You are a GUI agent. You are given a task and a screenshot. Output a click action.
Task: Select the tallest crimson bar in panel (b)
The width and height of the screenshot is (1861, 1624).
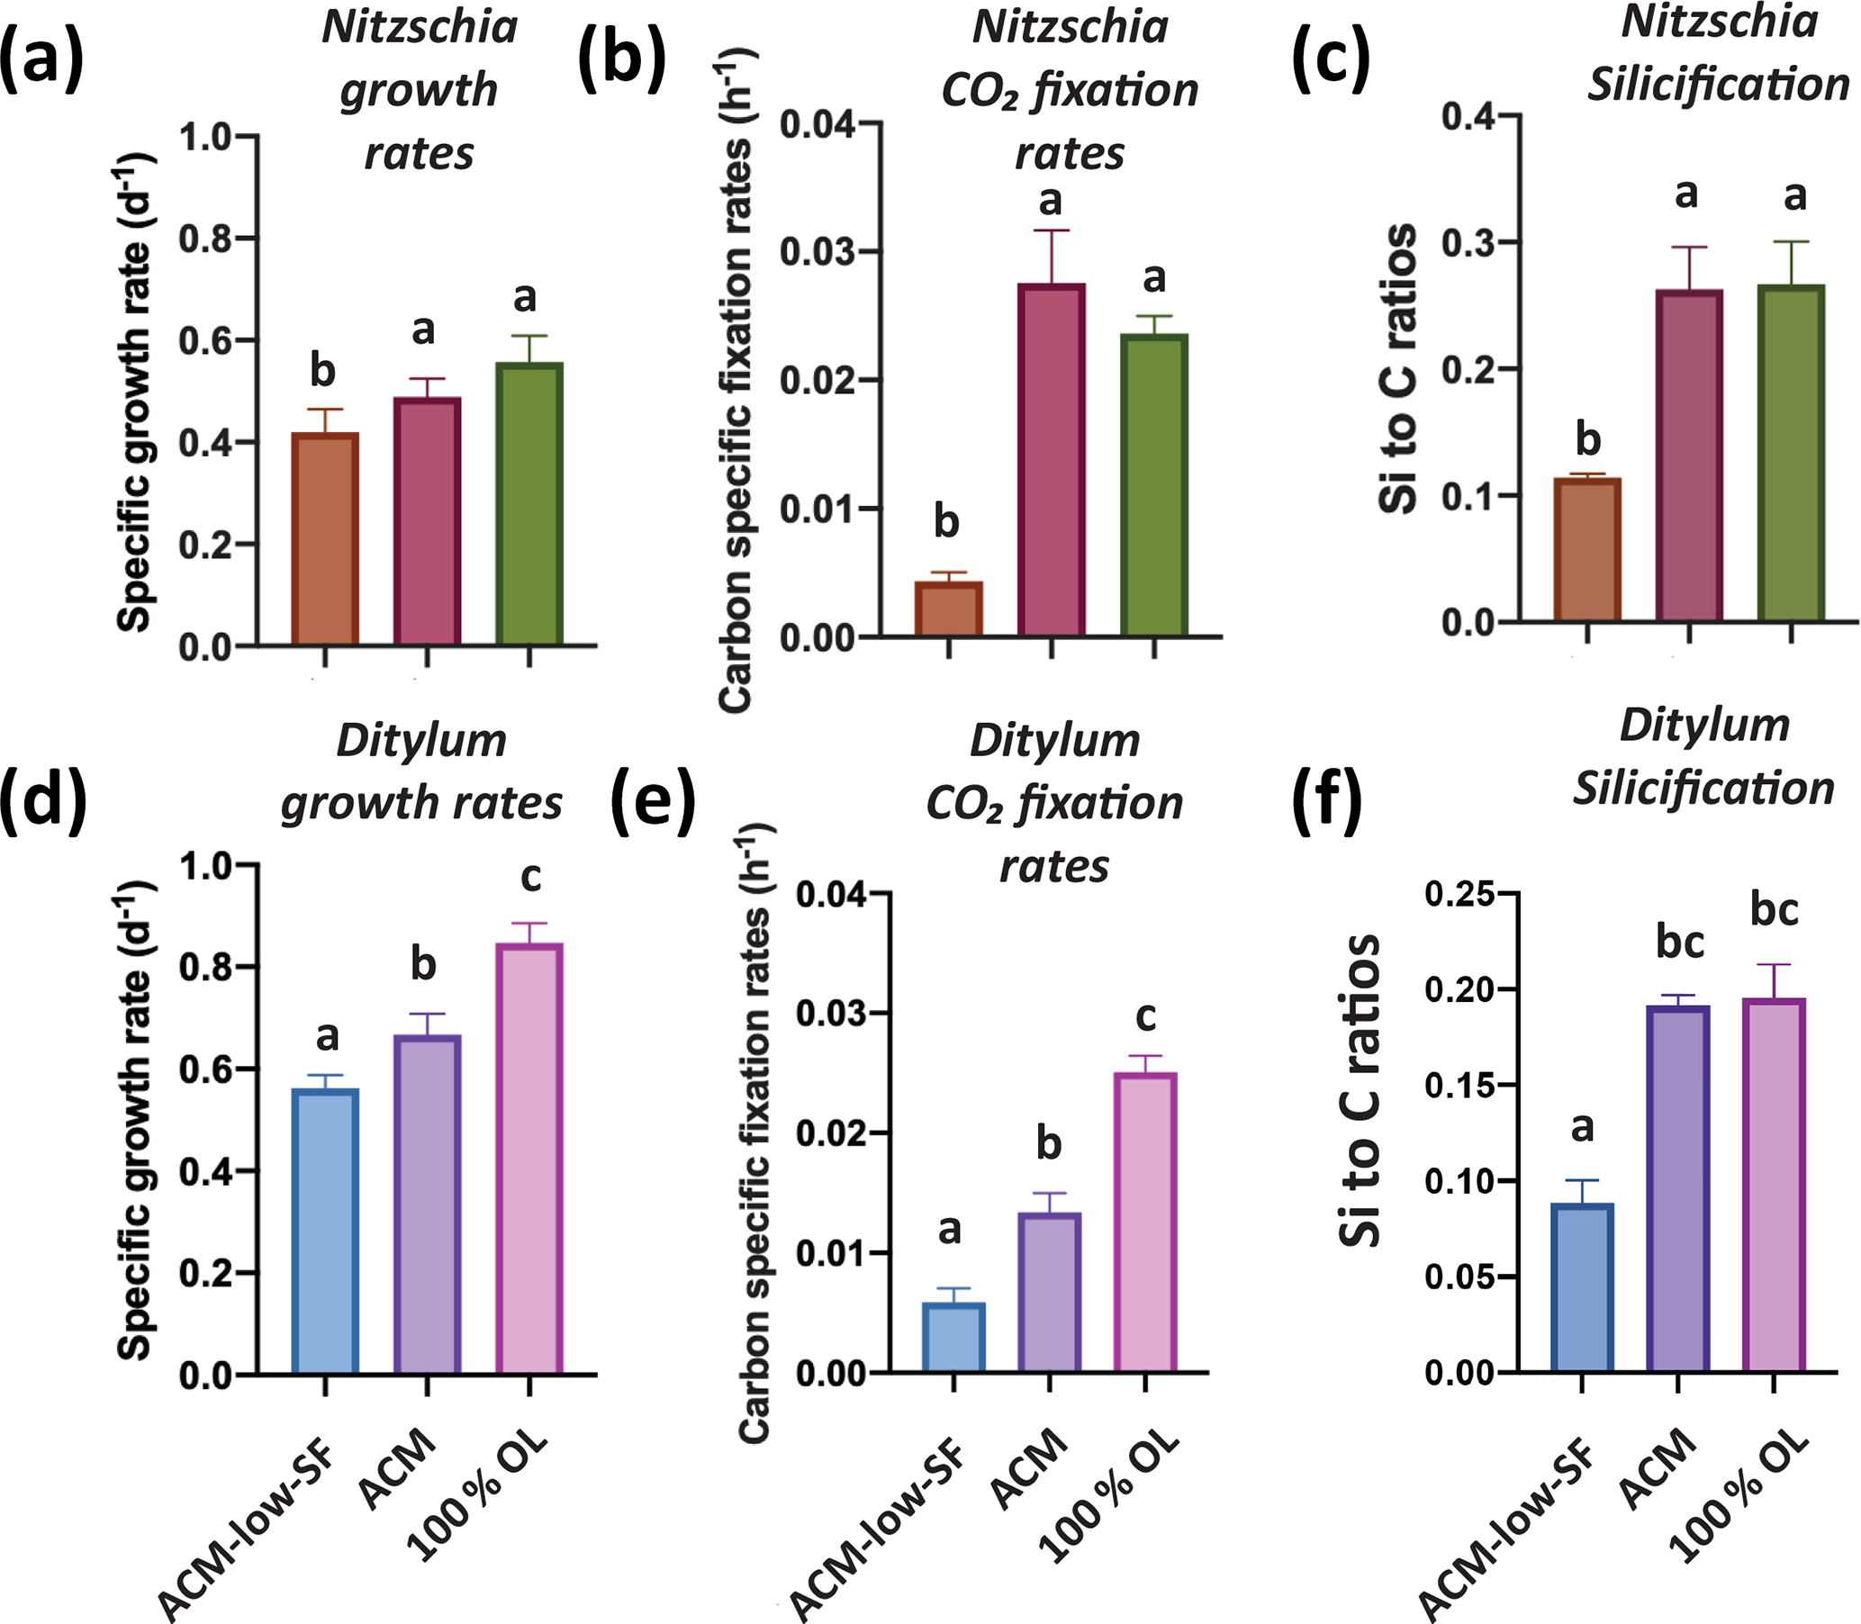[x=1051, y=459]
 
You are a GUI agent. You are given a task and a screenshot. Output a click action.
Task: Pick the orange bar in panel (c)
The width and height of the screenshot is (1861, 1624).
[x=1586, y=549]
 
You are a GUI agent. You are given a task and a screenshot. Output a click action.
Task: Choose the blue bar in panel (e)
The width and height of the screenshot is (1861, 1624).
[x=953, y=1338]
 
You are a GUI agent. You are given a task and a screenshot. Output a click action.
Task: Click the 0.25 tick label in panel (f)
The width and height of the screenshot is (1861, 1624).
[x=1457, y=895]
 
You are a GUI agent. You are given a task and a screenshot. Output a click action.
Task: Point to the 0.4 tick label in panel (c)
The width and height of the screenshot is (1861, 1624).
[x=1467, y=116]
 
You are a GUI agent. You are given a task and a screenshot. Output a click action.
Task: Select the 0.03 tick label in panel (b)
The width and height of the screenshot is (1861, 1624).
[x=818, y=251]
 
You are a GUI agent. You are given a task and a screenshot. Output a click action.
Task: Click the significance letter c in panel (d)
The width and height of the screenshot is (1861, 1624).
[x=530, y=876]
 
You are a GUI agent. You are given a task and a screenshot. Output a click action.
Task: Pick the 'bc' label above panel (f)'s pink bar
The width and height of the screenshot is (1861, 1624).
[x=1774, y=910]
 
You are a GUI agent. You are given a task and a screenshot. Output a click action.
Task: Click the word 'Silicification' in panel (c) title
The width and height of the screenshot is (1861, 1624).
[x=1718, y=86]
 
